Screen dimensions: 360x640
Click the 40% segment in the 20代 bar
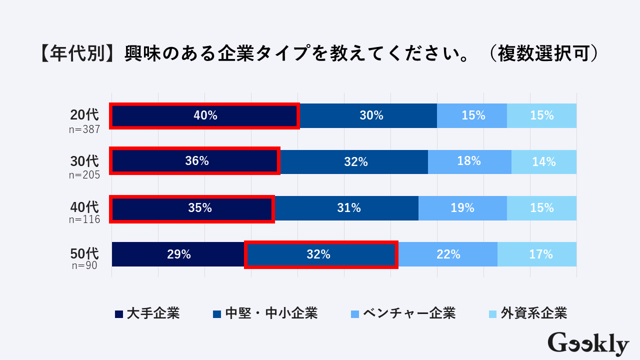(x=205, y=116)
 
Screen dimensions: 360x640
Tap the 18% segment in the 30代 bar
(x=469, y=161)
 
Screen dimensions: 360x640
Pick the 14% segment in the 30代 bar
(x=544, y=161)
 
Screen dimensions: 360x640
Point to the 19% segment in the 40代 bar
(x=462, y=208)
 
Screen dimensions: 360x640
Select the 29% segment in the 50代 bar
(x=178, y=254)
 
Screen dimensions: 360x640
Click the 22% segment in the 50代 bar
(x=448, y=254)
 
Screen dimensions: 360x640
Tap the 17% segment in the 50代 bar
(x=541, y=254)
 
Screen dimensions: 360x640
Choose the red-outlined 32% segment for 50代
(x=321, y=254)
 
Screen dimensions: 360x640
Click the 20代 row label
(x=84, y=114)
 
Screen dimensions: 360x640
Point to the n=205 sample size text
(x=84, y=175)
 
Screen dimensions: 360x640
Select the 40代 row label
(x=84, y=206)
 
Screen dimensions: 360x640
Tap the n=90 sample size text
(x=84, y=265)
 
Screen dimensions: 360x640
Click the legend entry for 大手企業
(x=147, y=313)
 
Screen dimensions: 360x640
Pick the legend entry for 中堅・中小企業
(x=265, y=313)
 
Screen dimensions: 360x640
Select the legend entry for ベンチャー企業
(x=403, y=313)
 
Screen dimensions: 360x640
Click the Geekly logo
(x=588, y=344)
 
